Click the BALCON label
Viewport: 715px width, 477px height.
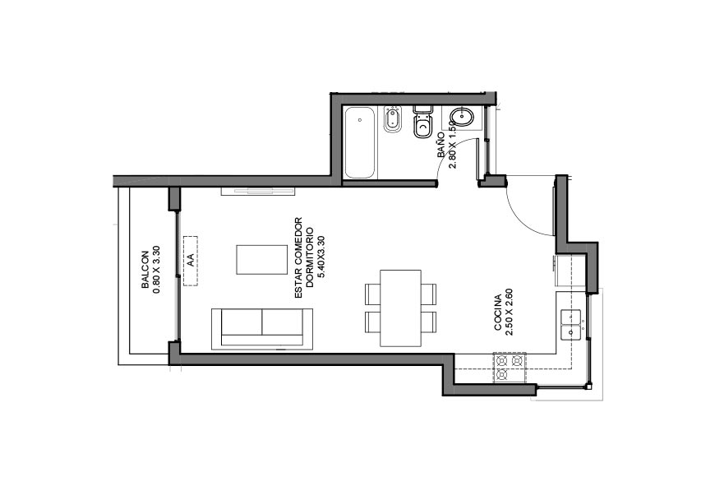[145, 270]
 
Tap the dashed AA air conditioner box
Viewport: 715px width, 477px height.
[191, 261]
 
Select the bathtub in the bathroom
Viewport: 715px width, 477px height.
[360, 142]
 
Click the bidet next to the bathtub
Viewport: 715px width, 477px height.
[392, 119]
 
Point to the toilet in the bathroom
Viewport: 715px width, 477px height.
[423, 121]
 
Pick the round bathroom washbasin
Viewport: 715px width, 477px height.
[462, 118]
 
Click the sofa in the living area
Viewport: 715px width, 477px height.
[262, 329]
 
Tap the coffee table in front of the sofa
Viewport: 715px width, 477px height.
[261, 260]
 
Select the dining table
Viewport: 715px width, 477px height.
[400, 308]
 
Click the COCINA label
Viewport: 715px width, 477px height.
[498, 313]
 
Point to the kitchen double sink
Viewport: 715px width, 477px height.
[571, 325]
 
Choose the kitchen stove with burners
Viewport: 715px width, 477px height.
[510, 368]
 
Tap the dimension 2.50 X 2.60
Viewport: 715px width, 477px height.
[510, 313]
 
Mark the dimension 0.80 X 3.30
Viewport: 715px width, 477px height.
[156, 270]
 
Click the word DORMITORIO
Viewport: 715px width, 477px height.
[310, 257]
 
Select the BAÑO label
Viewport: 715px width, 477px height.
[441, 145]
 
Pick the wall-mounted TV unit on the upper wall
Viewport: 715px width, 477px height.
[258, 191]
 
